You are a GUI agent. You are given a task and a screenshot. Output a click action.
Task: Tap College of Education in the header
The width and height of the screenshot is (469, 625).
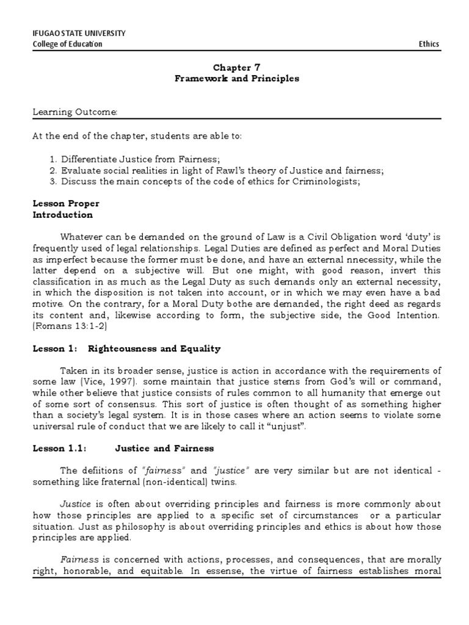click(x=67, y=44)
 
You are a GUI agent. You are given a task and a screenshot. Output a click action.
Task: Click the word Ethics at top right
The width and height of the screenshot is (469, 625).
click(x=429, y=44)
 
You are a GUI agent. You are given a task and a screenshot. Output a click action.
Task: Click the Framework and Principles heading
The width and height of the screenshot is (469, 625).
click(x=236, y=79)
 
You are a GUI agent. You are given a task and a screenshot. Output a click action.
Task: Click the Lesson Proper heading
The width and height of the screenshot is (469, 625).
click(x=66, y=203)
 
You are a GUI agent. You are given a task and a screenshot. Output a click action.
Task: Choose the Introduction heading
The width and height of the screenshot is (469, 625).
click(x=63, y=215)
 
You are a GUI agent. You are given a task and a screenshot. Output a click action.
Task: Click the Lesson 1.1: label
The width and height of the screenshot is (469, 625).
click(x=60, y=448)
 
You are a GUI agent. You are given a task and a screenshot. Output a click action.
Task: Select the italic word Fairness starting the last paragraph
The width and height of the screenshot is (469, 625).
click(x=76, y=560)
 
